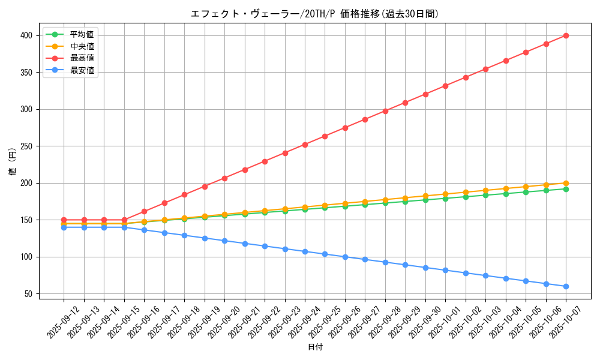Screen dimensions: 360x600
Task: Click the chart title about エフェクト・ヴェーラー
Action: (x=314, y=14)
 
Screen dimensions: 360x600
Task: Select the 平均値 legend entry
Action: (x=82, y=34)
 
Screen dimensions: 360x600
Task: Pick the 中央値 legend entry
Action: (x=82, y=46)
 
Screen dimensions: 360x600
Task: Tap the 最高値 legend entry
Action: (x=82, y=58)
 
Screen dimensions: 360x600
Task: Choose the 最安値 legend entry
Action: (x=82, y=70)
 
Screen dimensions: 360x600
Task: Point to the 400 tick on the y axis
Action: (x=27, y=35)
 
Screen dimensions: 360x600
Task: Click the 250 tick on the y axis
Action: (x=27, y=146)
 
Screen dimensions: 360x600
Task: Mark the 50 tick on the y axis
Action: (x=29, y=293)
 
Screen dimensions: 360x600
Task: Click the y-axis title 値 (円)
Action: (x=12, y=162)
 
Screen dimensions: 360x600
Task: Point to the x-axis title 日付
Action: (x=315, y=347)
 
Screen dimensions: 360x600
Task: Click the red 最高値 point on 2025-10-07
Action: (x=566, y=35)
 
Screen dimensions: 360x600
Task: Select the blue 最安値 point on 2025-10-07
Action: (x=566, y=286)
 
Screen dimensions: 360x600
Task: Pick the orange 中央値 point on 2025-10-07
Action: (x=566, y=183)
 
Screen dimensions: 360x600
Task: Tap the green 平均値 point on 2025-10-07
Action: (x=566, y=189)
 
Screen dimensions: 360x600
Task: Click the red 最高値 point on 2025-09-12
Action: (x=64, y=220)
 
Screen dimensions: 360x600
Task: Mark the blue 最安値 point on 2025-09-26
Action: (x=345, y=257)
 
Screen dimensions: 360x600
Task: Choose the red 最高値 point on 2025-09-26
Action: (x=345, y=128)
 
